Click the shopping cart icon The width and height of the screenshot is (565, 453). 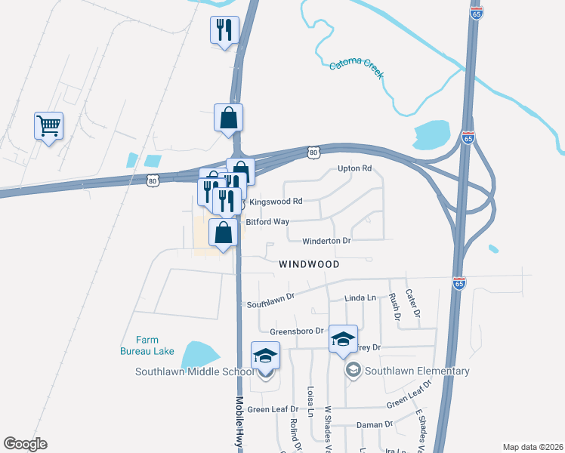48,125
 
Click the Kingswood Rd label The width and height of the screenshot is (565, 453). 276,202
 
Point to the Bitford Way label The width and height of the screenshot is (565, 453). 267,222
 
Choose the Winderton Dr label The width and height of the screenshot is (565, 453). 327,242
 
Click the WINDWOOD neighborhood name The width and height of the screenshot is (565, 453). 309,264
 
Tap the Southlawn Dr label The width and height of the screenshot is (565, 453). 270,304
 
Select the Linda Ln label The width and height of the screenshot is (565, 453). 360,298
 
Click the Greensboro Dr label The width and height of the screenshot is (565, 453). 296,331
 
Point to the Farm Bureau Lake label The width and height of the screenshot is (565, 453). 147,345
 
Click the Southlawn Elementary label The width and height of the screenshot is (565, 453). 417,371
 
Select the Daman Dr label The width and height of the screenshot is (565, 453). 375,424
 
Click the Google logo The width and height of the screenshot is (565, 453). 25,444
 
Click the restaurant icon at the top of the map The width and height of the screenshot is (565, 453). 224,30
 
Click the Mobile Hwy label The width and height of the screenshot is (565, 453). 239,420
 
